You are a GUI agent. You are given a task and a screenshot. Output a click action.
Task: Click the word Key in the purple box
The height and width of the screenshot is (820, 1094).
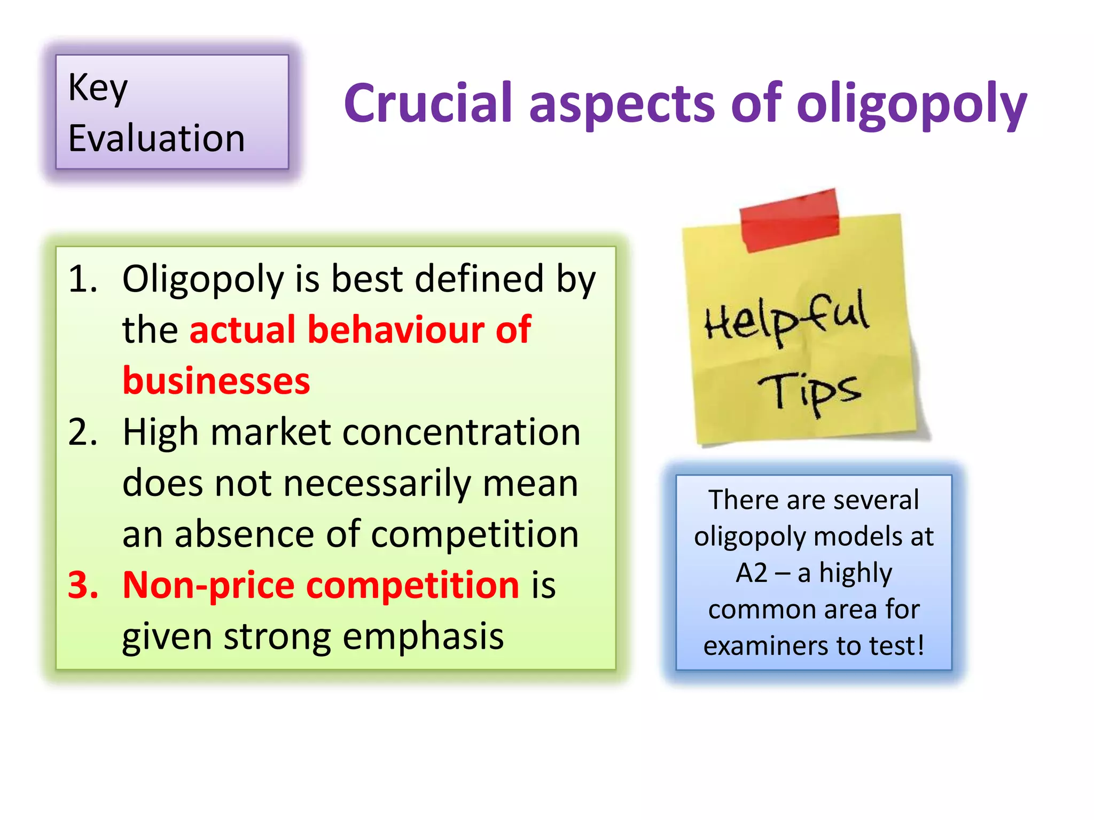[98, 88]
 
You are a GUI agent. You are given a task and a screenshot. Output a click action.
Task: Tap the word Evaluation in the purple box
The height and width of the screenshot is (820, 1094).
[157, 138]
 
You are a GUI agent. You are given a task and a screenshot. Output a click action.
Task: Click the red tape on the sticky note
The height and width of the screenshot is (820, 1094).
[789, 219]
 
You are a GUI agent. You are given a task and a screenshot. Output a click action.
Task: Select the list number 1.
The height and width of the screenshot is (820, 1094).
[83, 279]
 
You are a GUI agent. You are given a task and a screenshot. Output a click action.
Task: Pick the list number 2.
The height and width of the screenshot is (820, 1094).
[83, 432]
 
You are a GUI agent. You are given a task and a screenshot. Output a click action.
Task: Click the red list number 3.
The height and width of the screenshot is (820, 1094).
[83, 585]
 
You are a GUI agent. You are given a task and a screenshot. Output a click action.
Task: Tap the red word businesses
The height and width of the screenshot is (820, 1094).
[216, 381]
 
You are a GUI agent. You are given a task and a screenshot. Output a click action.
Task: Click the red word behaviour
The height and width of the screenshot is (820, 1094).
[395, 329]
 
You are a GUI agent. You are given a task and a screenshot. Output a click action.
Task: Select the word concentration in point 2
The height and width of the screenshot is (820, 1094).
[461, 432]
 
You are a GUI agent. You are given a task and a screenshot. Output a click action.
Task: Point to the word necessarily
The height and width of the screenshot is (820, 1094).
[377, 483]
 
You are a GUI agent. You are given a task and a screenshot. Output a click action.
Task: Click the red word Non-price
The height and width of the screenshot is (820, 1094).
[208, 585]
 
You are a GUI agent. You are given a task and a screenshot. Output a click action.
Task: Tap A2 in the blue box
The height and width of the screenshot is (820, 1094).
[751, 573]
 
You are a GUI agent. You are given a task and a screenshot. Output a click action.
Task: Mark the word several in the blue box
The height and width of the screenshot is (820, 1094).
[876, 500]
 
